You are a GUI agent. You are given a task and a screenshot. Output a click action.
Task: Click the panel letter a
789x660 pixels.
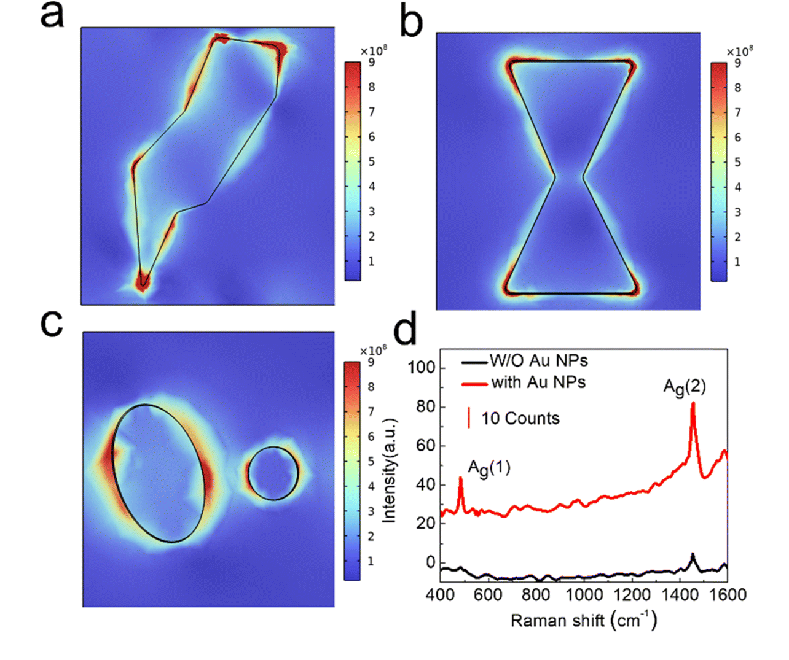coord(52,15)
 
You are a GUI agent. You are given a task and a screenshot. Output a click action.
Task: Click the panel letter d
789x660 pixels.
coord(405,330)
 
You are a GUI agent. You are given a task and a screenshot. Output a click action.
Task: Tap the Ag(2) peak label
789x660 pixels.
coord(684,387)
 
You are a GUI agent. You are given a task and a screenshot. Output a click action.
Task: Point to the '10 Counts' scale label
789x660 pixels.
coord(520,419)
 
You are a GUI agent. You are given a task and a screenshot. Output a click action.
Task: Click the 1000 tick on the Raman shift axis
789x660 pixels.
coord(584,595)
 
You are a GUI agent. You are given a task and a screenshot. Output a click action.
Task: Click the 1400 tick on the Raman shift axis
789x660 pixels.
coord(680,595)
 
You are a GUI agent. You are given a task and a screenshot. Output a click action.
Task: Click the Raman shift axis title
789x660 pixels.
coord(583,620)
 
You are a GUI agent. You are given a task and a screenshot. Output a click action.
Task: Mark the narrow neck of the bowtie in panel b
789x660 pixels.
coord(569,178)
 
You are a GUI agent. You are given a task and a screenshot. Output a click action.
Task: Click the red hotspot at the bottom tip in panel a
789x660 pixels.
coord(143,281)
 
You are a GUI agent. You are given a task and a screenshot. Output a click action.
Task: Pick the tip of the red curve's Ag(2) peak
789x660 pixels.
coord(693,403)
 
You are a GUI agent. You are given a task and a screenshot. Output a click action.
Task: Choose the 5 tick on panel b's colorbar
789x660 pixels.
coord(737,162)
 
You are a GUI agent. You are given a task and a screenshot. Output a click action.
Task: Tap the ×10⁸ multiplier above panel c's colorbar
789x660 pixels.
coord(372,351)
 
